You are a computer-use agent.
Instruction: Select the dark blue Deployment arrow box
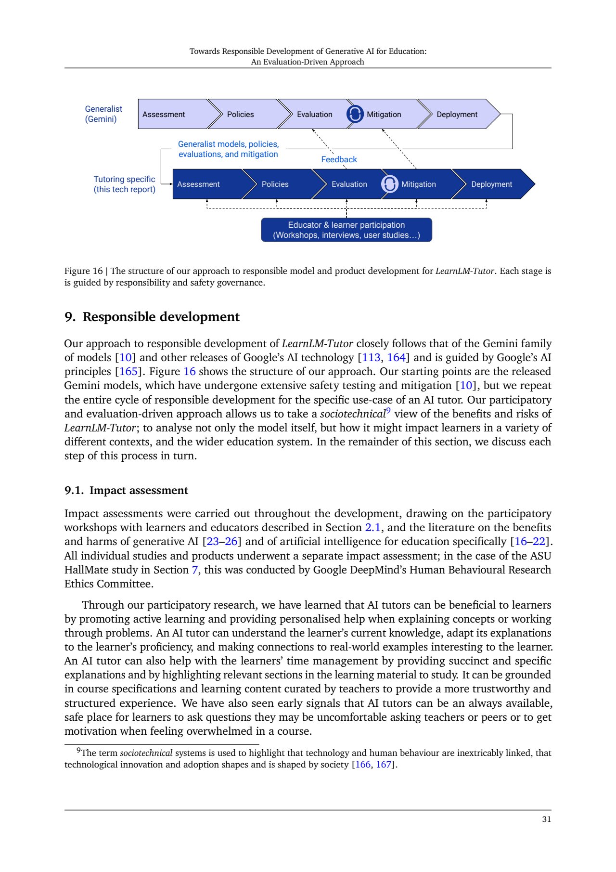pos(491,184)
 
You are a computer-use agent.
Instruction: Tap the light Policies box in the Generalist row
pos(241,114)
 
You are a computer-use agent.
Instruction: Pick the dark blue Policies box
pos(275,184)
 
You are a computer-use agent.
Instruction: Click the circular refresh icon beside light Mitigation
pos(355,114)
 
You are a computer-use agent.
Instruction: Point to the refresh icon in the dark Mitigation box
pos(390,184)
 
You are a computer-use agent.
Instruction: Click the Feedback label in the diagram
pos(339,159)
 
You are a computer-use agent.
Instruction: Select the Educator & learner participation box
pos(346,230)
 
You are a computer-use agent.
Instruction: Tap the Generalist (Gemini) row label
pos(103,114)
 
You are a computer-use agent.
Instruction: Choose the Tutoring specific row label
pos(124,184)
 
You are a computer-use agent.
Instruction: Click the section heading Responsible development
pos(161,317)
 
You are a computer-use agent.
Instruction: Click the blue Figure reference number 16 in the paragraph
pos(190,372)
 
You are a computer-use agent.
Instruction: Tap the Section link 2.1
pos(372,528)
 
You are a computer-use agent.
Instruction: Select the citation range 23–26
pos(222,542)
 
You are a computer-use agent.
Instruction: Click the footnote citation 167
pos(384,765)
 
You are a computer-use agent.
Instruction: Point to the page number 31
pos(546,820)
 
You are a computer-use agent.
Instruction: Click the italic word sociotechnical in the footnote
pos(146,753)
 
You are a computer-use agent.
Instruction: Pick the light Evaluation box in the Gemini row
pos(314,114)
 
